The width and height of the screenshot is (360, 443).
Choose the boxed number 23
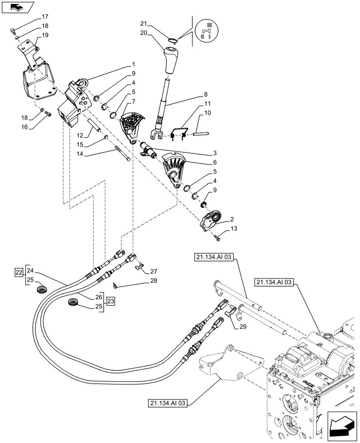click(x=110, y=301)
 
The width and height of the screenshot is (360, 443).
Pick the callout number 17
click(x=45, y=17)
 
